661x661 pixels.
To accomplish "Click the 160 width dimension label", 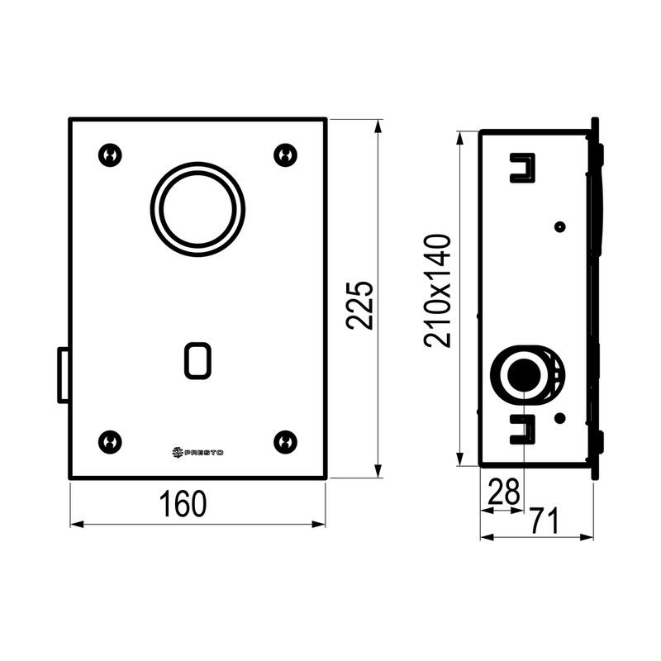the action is pos(183,503).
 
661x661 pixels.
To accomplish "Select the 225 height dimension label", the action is pos(359,304).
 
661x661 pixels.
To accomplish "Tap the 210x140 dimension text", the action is pos(438,291).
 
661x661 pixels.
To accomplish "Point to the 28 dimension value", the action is pos(503,492).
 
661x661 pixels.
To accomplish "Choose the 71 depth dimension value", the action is pos(544,521).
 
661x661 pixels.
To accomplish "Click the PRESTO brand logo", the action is pos(197,452).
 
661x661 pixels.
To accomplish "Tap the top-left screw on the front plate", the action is pos(110,155).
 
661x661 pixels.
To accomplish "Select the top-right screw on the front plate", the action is pos(285,155).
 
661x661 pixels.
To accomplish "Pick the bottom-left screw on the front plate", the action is pos(110,442).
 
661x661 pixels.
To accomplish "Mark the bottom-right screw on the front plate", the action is pos(285,442).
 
